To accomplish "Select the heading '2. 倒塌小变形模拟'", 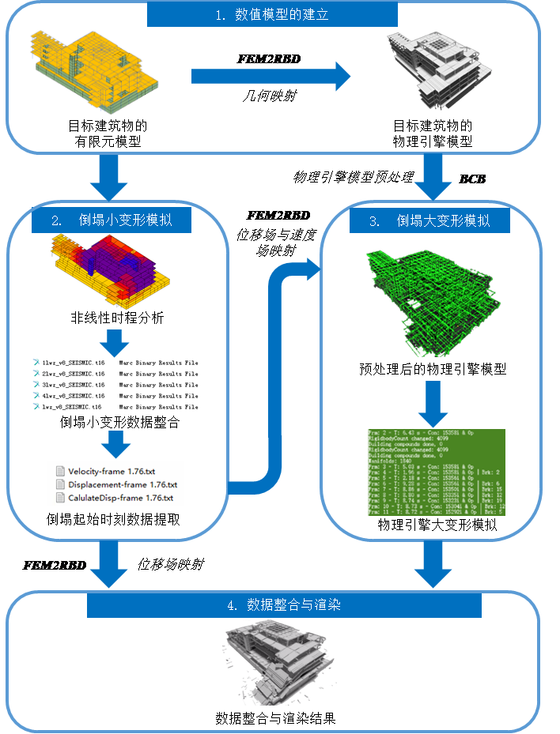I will (x=112, y=221).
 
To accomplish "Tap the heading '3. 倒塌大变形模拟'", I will (x=429, y=221).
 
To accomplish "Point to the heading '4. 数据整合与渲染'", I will (x=284, y=605).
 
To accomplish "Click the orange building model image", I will (x=96, y=71).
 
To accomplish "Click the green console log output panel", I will (x=436, y=472).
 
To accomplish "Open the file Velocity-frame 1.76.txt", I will (x=112, y=472).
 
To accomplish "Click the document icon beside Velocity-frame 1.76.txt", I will (x=60, y=472).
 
